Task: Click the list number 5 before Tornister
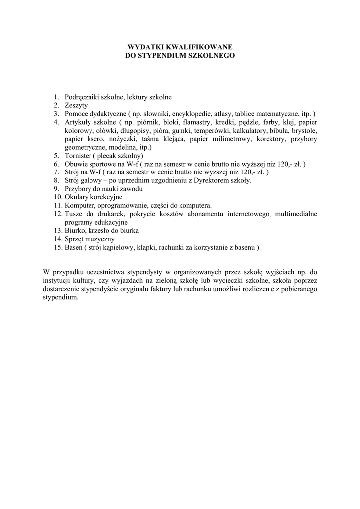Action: pyautogui.click(x=57, y=156)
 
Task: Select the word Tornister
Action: pyautogui.click(x=79, y=156)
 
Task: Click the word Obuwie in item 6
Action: pyautogui.click(x=76, y=164)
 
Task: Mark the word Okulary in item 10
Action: pyautogui.click(x=77, y=197)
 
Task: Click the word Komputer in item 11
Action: pyautogui.click(x=79, y=206)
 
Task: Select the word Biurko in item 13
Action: pyautogui.click(x=75, y=231)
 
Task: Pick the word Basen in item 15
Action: pyautogui.click(x=74, y=247)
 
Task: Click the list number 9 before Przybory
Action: pyautogui.click(x=57, y=189)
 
